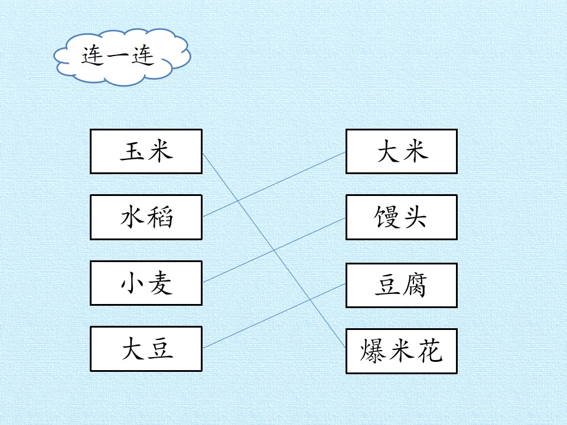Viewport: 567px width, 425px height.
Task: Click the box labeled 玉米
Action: [x=146, y=152]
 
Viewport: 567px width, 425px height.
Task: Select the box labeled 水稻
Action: [x=146, y=217]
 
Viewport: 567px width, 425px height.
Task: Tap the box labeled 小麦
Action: [x=146, y=283]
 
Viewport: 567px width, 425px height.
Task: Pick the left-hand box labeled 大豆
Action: [x=146, y=349]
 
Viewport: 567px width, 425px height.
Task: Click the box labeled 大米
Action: [x=402, y=152]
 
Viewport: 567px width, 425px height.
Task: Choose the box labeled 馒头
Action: [x=402, y=217]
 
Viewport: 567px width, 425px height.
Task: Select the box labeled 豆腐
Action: [x=402, y=286]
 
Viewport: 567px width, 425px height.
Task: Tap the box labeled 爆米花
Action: [x=402, y=351]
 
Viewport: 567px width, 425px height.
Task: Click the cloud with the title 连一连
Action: [x=122, y=58]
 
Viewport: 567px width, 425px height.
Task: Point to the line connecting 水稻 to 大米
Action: [x=274, y=184]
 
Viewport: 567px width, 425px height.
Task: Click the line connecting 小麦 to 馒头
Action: [x=274, y=250]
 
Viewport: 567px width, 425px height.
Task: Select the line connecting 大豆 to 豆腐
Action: [x=274, y=316]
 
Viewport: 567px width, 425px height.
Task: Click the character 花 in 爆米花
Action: [x=431, y=351]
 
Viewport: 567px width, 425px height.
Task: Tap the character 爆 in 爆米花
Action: [x=373, y=351]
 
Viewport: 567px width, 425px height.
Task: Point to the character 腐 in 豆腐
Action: [x=415, y=285]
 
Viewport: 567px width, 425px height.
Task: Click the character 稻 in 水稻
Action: [x=160, y=217]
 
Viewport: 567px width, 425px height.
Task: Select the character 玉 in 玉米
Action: [x=133, y=152]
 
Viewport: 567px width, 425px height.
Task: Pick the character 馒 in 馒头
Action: [x=386, y=217]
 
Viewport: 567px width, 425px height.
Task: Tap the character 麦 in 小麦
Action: [x=160, y=283]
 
